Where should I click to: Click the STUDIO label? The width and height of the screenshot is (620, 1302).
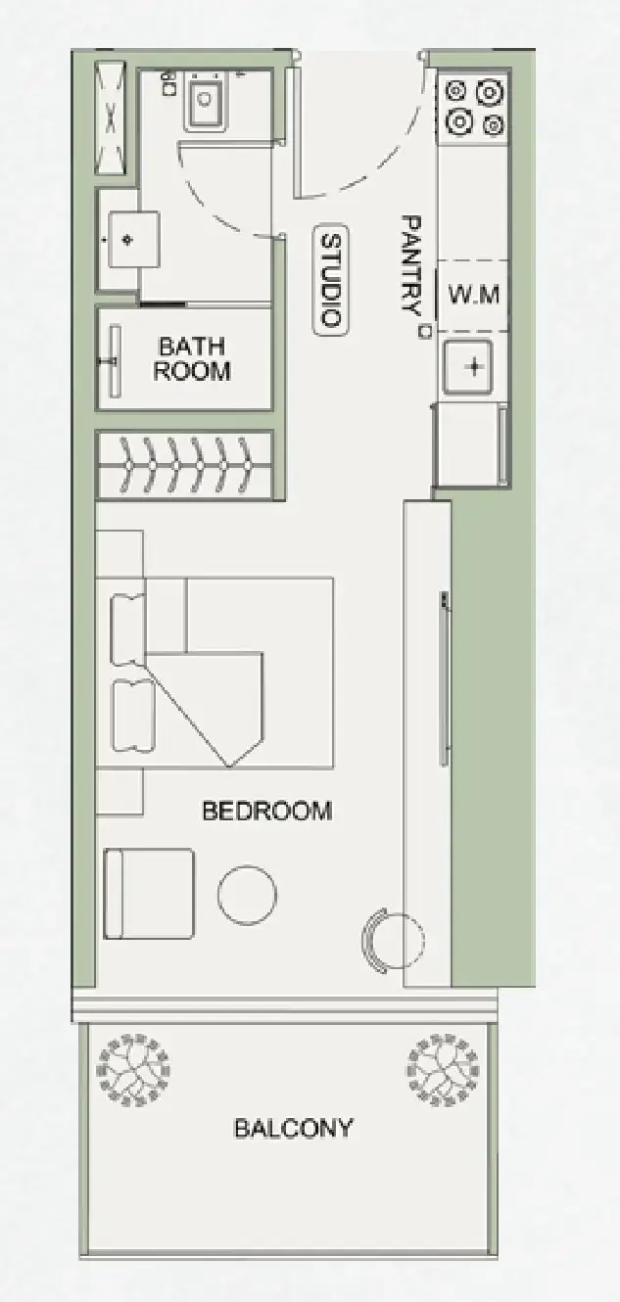[x=331, y=280]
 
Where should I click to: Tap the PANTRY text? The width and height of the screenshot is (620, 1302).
[x=410, y=265]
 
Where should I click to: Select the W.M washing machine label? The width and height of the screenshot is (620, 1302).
[x=473, y=295]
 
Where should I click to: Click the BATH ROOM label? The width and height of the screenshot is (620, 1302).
[x=192, y=358]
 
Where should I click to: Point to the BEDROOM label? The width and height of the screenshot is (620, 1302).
[x=267, y=811]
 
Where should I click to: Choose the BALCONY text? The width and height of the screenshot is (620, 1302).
[x=294, y=1128]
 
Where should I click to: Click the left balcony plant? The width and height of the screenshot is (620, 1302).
[x=134, y=1070]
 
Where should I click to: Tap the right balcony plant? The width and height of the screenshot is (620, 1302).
[x=443, y=1070]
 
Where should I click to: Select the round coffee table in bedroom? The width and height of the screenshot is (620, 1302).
[x=247, y=895]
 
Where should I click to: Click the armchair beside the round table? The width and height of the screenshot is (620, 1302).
[x=149, y=894]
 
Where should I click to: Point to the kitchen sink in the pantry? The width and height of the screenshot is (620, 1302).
[x=468, y=367]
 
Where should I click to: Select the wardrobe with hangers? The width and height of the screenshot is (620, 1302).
[x=185, y=464]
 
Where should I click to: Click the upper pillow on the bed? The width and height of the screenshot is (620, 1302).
[x=128, y=630]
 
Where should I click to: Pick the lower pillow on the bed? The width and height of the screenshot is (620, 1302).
[x=132, y=715]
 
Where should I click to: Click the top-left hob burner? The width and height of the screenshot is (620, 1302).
[x=456, y=91]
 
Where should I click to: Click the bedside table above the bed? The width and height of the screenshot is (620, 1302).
[x=119, y=553]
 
